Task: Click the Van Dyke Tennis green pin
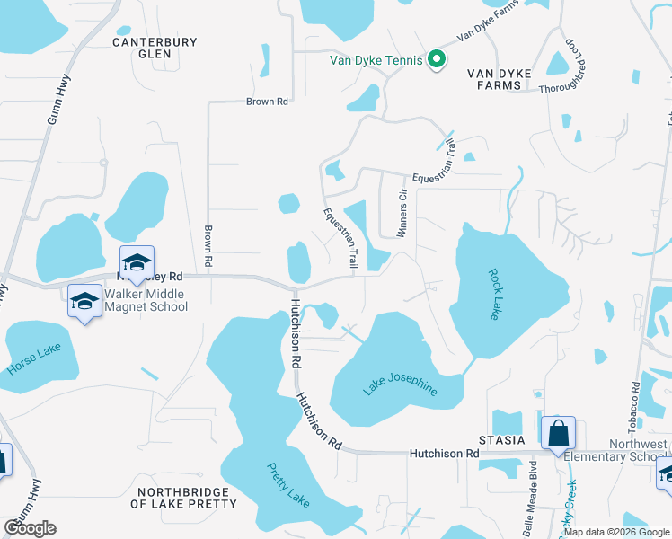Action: (436, 60)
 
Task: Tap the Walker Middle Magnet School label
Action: (146, 300)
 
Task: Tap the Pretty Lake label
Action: (287, 485)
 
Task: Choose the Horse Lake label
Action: (34, 358)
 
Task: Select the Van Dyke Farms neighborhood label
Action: (500, 79)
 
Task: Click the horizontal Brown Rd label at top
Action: (267, 102)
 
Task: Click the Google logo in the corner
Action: (30, 528)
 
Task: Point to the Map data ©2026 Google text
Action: (616, 532)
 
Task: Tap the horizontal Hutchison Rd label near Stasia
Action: (444, 455)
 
